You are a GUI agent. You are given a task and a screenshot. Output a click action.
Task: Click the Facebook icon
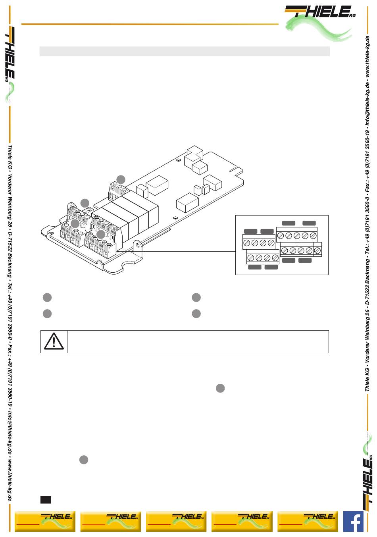pyautogui.click(x=353, y=521)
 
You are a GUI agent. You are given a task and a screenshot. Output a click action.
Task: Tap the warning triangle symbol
pyautogui.click(x=54, y=341)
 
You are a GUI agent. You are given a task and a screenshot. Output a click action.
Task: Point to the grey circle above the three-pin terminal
pyautogui.click(x=121, y=179)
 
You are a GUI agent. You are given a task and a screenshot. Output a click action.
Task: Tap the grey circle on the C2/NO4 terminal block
pyautogui.click(x=101, y=234)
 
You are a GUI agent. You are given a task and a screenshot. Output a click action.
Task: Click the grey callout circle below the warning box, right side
pyautogui.click(x=220, y=388)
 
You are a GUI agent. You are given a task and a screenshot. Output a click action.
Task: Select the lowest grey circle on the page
pyautogui.click(x=83, y=460)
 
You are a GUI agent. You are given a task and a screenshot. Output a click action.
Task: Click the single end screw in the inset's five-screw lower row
pyautogui.click(x=317, y=250)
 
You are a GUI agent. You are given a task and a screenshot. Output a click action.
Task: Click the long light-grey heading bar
pyautogui.click(x=185, y=51)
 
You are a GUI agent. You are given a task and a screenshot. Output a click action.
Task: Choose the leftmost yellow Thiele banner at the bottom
pyautogui.click(x=45, y=521)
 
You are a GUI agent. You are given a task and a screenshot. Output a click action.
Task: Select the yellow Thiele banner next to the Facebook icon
pyautogui.click(x=308, y=521)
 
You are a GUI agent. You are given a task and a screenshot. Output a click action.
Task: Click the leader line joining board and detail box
pyautogui.click(x=179, y=251)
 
